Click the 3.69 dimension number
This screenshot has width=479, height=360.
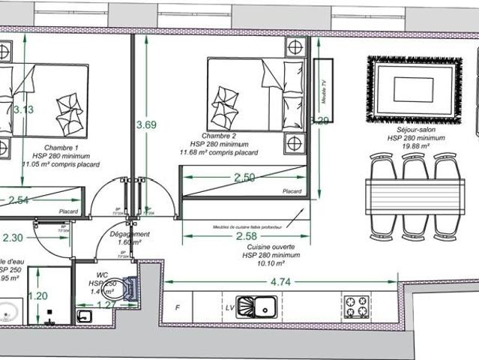coord(146,125)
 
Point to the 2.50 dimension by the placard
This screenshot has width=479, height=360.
coord(245,178)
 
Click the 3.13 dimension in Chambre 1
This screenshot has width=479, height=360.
coord(23,109)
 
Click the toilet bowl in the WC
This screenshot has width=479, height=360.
coord(130,289)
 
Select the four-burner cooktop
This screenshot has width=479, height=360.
coord(355,306)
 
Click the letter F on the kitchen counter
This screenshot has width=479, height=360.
coord(177,307)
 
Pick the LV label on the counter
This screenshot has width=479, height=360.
coord(229,307)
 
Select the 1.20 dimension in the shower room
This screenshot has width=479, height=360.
coord(37,296)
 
